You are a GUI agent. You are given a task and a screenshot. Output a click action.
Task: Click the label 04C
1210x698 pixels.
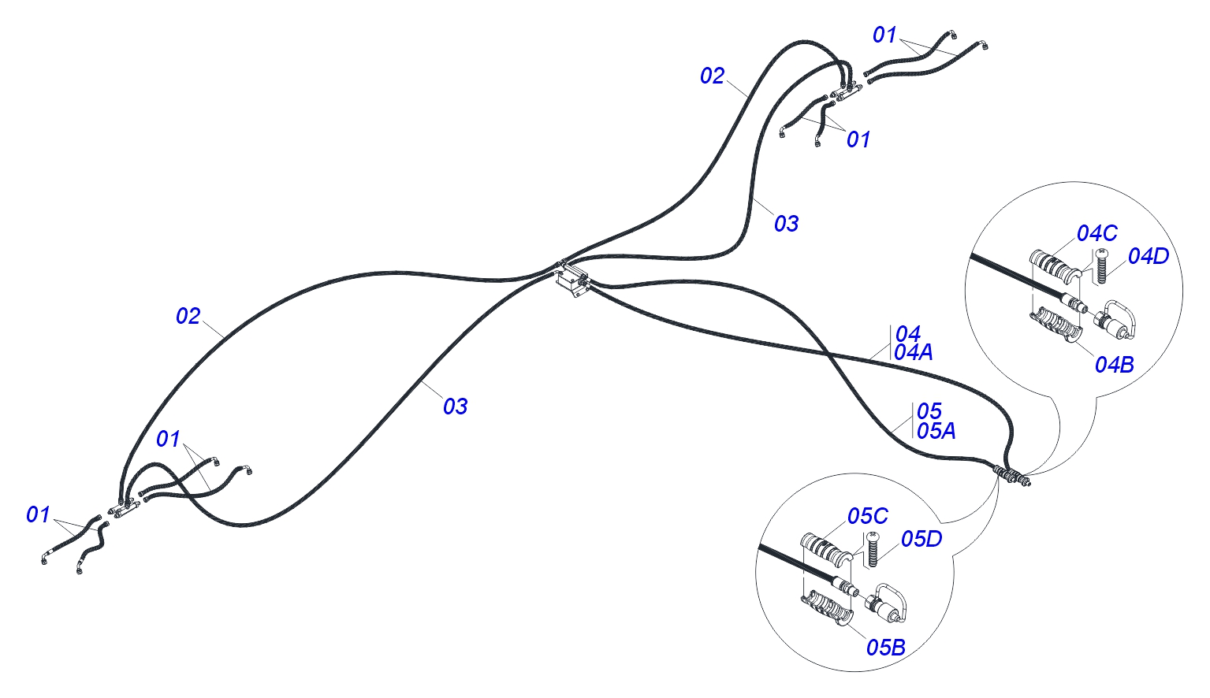pos(1097,233)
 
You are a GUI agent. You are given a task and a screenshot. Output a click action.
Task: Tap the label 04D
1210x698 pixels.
pos(1149,256)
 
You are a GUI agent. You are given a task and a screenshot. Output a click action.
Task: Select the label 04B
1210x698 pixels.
pos(1115,365)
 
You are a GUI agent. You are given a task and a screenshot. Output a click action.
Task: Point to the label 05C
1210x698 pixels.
pos(868,516)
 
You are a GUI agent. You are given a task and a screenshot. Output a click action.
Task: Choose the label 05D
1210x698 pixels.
pos(921,539)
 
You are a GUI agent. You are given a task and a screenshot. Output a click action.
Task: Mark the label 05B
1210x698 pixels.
pos(886,648)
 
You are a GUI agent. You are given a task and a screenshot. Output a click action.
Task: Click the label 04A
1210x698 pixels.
pos(914,353)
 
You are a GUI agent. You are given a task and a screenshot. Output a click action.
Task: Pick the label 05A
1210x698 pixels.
pos(936,431)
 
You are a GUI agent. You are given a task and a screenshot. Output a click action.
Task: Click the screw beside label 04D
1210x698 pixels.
pos(1101,265)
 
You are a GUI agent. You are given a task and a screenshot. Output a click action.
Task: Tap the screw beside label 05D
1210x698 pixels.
pos(873,549)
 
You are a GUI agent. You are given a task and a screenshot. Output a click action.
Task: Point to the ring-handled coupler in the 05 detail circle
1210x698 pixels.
pos(887,604)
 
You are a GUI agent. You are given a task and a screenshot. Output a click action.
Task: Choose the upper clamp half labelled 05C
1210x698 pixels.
pos(826,549)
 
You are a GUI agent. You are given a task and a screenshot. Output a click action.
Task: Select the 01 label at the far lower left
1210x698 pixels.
pos(38,515)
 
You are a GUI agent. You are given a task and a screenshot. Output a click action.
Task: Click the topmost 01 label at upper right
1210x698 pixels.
pos(884,35)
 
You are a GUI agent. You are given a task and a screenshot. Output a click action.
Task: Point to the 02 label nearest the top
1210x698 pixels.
pos(712,76)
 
